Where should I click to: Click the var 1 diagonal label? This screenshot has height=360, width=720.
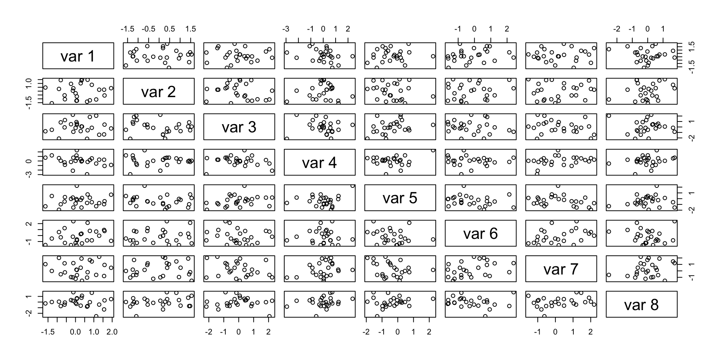pyautogui.click(x=78, y=56)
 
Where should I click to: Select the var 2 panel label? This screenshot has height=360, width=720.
pyautogui.click(x=158, y=91)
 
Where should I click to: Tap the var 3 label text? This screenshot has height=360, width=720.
pyautogui.click(x=239, y=127)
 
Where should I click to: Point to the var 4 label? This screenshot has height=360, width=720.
pyautogui.click(x=319, y=163)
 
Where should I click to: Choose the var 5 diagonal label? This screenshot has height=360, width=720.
pyautogui.click(x=400, y=198)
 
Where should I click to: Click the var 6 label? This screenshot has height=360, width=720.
pyautogui.click(x=480, y=234)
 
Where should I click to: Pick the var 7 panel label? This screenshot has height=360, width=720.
pyautogui.click(x=561, y=269)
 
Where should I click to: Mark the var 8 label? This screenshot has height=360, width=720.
pyautogui.click(x=641, y=304)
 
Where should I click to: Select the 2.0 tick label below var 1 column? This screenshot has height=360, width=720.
pyautogui.click(x=112, y=332)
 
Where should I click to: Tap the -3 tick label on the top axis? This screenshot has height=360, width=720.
pyautogui.click(x=286, y=29)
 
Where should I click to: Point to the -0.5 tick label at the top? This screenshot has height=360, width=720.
pyautogui.click(x=148, y=29)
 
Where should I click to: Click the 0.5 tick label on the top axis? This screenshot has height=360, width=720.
pyautogui.click(x=169, y=29)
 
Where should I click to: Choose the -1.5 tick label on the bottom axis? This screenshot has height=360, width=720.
pyautogui.click(x=48, y=332)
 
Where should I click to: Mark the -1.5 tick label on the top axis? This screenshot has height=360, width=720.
pyautogui.click(x=127, y=29)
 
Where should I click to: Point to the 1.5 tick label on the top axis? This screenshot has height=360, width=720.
pyautogui.click(x=190, y=29)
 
